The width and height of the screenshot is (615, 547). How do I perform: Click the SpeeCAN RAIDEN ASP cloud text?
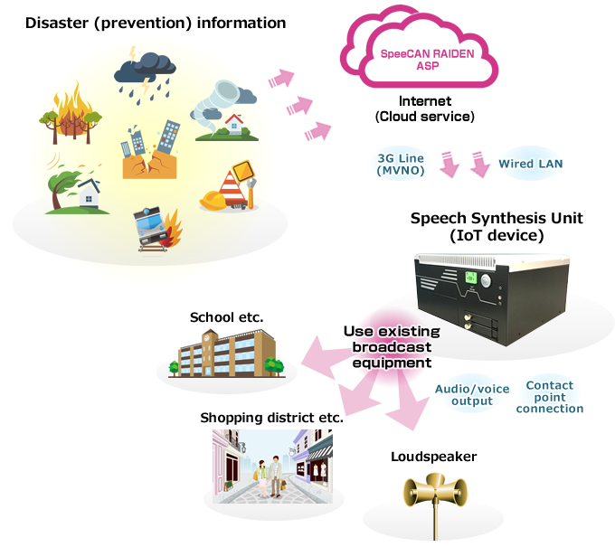click(x=427, y=60)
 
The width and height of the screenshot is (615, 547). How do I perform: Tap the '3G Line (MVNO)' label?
click(x=401, y=165)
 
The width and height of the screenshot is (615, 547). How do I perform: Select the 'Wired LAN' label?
click(x=530, y=164)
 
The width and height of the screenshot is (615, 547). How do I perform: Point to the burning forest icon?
click(x=71, y=113)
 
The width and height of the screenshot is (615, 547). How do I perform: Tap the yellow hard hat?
click(x=213, y=200)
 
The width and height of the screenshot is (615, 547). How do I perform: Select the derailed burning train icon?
click(x=156, y=229)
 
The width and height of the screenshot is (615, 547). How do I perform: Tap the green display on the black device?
click(x=470, y=278)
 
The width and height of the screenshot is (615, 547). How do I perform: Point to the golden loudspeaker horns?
click(x=435, y=490)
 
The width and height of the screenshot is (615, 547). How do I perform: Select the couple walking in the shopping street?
click(x=270, y=476)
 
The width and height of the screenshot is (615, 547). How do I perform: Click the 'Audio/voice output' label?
click(x=472, y=395)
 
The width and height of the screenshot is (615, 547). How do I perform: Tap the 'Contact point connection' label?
click(x=550, y=397)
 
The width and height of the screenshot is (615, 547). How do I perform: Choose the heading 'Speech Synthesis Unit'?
click(x=497, y=218)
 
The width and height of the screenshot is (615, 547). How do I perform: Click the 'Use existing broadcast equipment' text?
click(x=392, y=347)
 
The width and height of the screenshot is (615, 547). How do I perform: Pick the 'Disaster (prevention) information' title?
click(x=156, y=23)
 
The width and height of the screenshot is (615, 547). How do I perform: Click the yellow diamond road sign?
click(x=242, y=171)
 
